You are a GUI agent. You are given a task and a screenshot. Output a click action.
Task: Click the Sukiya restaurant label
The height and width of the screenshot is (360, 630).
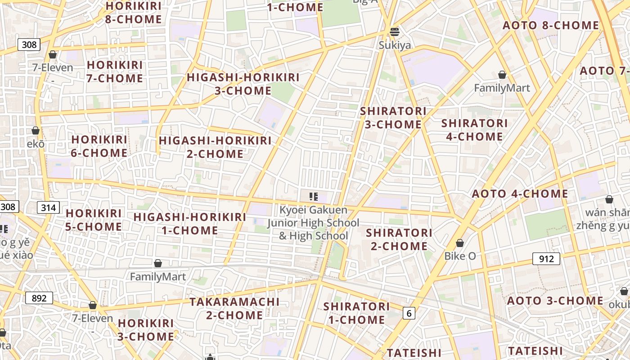click(395, 45)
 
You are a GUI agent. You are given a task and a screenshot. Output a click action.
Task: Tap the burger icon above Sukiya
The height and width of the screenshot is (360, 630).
click(395, 31)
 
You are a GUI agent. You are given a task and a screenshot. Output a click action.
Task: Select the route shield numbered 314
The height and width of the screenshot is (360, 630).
click(48, 207)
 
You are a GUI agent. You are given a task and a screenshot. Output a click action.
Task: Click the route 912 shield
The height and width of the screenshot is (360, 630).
click(546, 259)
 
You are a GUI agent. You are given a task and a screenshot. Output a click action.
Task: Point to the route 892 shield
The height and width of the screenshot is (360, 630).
click(39, 298)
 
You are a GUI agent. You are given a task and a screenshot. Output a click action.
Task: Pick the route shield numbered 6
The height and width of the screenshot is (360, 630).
click(409, 313)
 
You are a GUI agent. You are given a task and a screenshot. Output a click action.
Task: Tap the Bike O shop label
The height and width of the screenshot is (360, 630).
click(460, 256)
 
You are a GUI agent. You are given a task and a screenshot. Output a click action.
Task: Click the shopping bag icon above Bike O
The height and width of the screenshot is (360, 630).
click(460, 243)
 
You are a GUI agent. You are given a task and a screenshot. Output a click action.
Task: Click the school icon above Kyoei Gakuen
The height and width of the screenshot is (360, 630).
click(314, 197)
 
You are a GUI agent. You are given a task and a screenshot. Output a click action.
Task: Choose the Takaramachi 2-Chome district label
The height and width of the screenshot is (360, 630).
click(234, 308)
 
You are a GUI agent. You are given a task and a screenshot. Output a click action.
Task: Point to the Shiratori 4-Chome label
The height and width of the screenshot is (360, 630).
click(474, 130)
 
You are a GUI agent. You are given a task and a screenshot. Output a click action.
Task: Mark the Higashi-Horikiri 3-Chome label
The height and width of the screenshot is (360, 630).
click(243, 84)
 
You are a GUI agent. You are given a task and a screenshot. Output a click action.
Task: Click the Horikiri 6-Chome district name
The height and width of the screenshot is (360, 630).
click(99, 146)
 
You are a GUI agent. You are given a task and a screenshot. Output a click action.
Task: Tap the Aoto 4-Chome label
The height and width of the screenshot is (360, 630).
click(520, 194)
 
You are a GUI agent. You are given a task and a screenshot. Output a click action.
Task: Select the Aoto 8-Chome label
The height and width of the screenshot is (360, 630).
click(551, 25)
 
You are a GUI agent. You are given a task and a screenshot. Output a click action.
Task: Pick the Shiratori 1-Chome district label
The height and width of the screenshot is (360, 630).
click(356, 313)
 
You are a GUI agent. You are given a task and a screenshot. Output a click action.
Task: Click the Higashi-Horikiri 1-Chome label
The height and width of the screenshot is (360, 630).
click(190, 224)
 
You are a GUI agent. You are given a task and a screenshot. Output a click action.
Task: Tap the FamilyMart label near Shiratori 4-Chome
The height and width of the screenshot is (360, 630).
click(502, 88)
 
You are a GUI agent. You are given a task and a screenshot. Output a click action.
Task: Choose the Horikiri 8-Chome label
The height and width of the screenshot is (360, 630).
click(133, 13)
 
